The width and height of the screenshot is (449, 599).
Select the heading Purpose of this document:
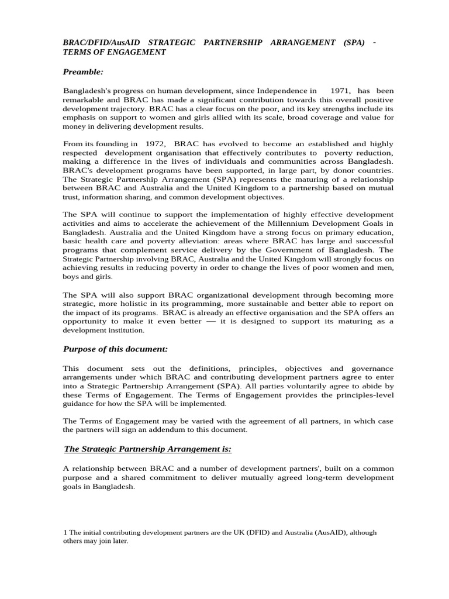click(x=115, y=349)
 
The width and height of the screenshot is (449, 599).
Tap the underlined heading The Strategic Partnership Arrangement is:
click(x=147, y=449)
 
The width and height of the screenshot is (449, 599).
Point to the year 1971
click(x=340, y=91)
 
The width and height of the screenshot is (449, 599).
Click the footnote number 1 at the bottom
click(x=64, y=532)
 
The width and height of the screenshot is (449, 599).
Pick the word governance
click(x=372, y=369)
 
